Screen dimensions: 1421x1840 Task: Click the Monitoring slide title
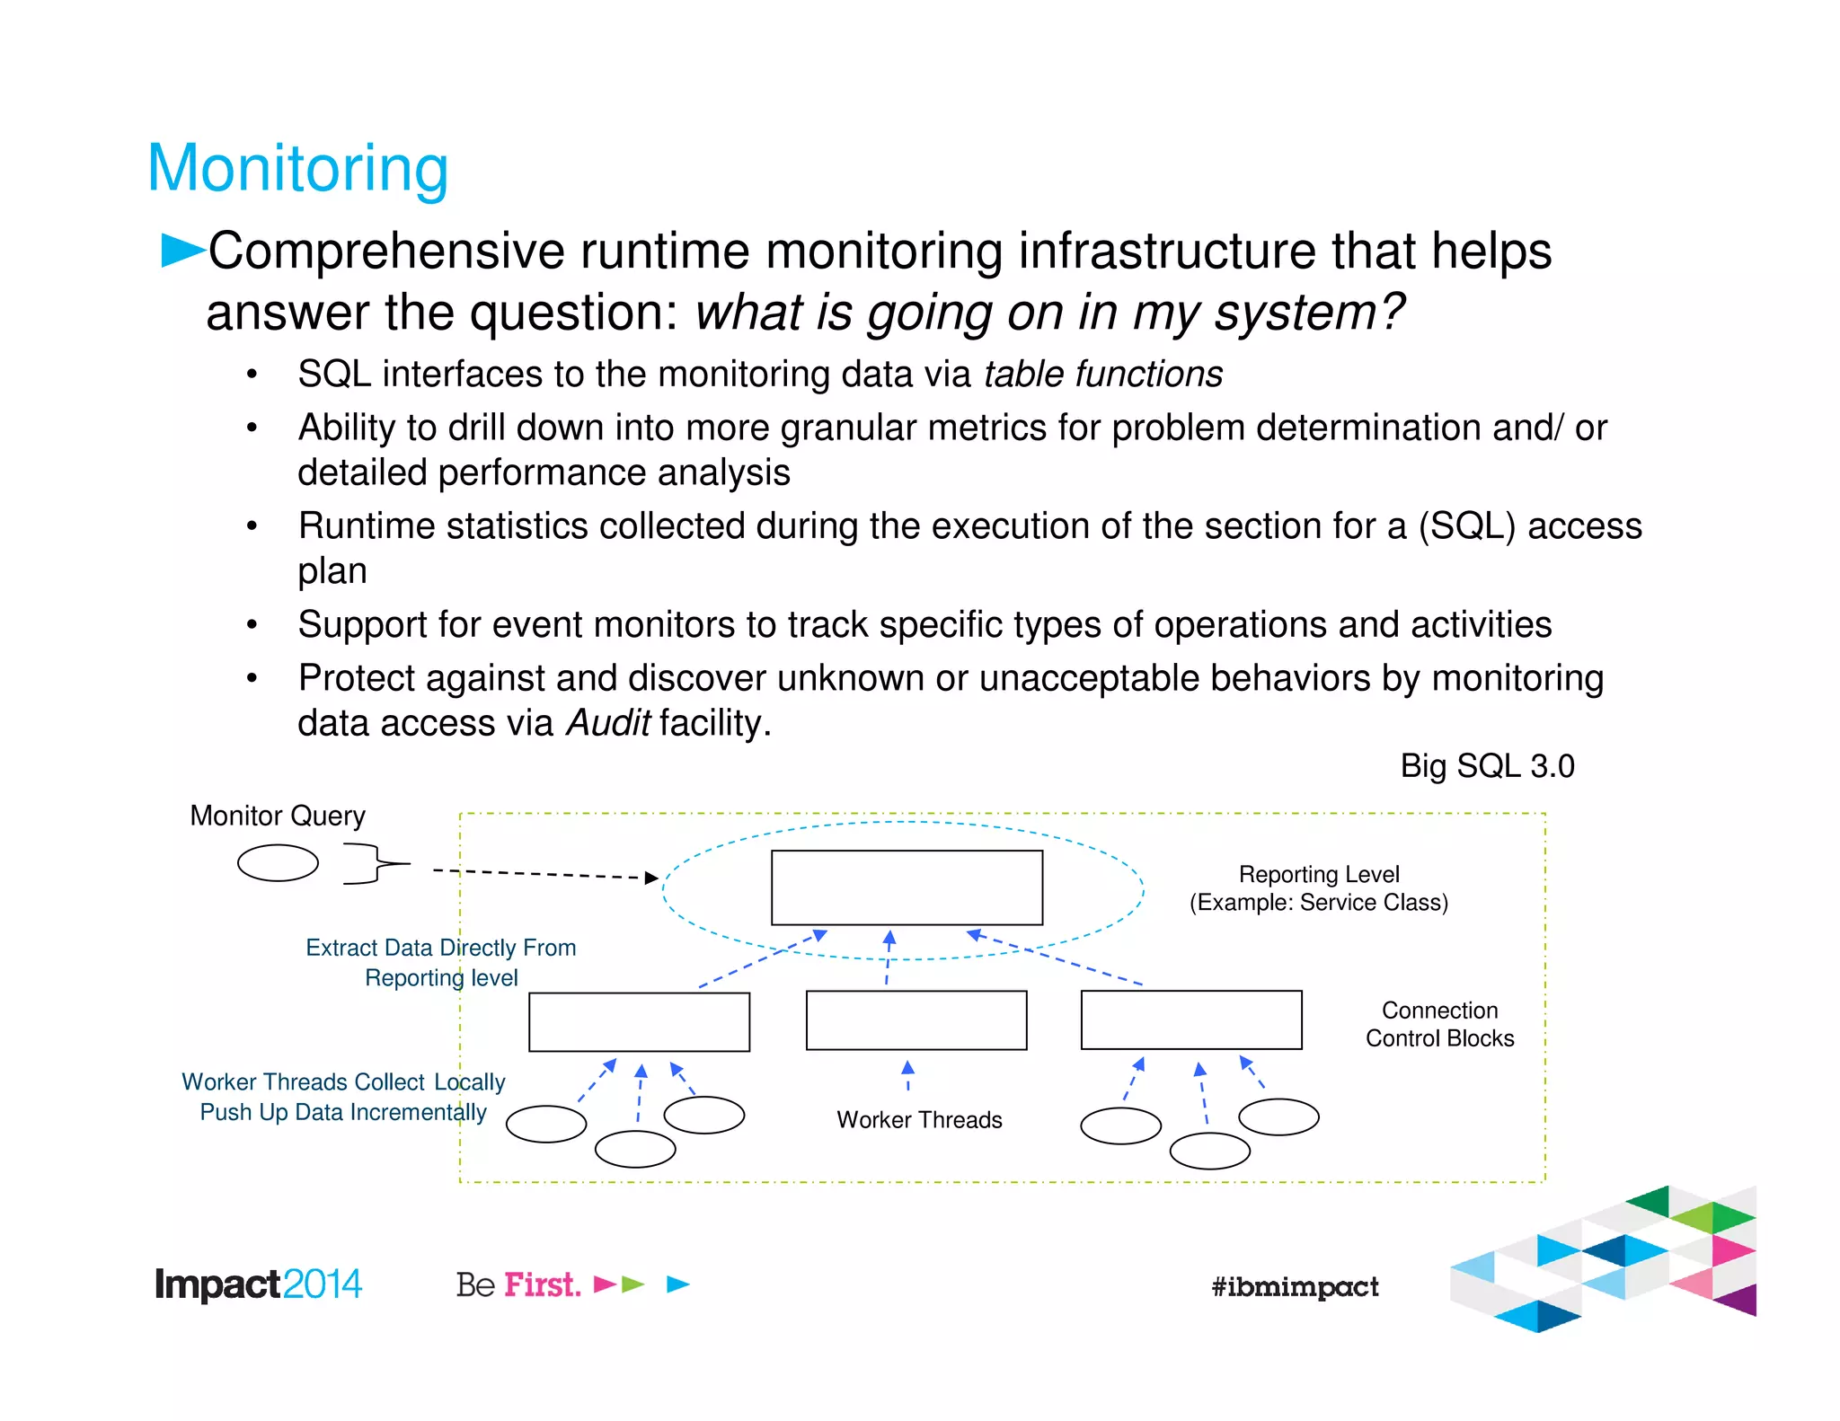[297, 168]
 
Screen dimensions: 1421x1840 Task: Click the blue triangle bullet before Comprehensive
[181, 250]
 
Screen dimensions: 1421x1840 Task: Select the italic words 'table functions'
[1102, 374]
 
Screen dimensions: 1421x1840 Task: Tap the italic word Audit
[607, 723]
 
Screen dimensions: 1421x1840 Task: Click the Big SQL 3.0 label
[1487, 766]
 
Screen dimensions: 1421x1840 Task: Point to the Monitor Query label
[278, 816]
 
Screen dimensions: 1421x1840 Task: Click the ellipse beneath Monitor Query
[278, 863]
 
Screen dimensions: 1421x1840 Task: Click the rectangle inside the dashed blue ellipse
[907, 887]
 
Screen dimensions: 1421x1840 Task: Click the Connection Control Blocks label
[1439, 1024]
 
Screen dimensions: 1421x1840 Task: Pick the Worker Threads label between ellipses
[919, 1120]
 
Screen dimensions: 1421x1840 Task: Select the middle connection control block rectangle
[916, 1020]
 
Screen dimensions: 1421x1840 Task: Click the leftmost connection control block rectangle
[639, 1022]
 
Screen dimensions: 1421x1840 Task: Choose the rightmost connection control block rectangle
[1191, 1019]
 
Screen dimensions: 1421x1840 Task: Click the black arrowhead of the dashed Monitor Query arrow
[652, 878]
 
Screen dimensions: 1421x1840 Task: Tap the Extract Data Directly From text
[440, 948]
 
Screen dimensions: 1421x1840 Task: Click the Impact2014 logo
[258, 1284]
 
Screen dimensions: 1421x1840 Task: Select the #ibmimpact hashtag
[1295, 1287]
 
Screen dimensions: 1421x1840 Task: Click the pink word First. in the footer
[542, 1284]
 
